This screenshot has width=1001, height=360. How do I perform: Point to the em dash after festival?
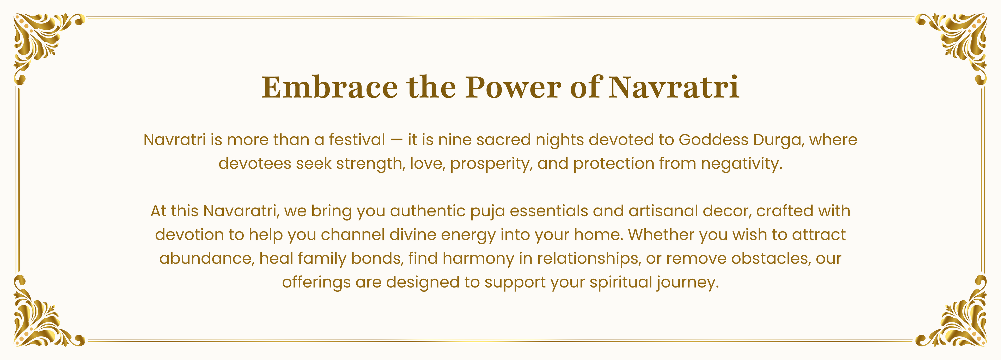tap(396, 140)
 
